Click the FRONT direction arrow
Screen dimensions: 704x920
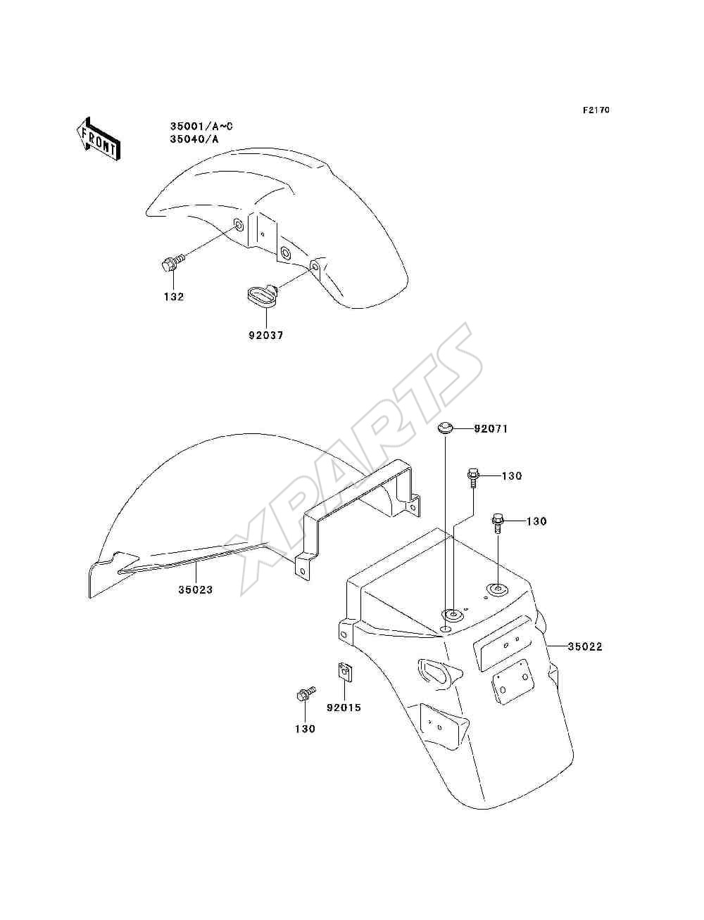pyautogui.click(x=99, y=139)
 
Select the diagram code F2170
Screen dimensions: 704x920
pyautogui.click(x=596, y=110)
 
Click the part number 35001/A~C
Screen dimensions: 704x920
pyautogui.click(x=201, y=127)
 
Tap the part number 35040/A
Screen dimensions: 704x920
pyautogui.click(x=194, y=139)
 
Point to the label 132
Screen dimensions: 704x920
pyautogui.click(x=174, y=297)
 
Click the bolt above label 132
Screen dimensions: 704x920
pyautogui.click(x=172, y=262)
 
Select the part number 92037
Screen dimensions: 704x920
pyautogui.click(x=265, y=336)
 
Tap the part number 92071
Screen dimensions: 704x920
pyautogui.click(x=491, y=429)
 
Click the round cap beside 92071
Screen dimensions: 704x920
pyautogui.click(x=444, y=429)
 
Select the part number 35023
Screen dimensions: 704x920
pyautogui.click(x=196, y=589)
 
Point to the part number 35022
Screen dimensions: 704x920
pyautogui.click(x=585, y=646)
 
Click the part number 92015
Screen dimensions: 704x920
pyautogui.click(x=344, y=708)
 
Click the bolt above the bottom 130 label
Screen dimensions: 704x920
pyautogui.click(x=306, y=694)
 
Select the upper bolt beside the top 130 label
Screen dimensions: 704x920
pyautogui.click(x=472, y=479)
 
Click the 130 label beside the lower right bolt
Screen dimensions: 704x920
pyautogui.click(x=536, y=521)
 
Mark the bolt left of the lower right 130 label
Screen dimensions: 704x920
pyautogui.click(x=498, y=523)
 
